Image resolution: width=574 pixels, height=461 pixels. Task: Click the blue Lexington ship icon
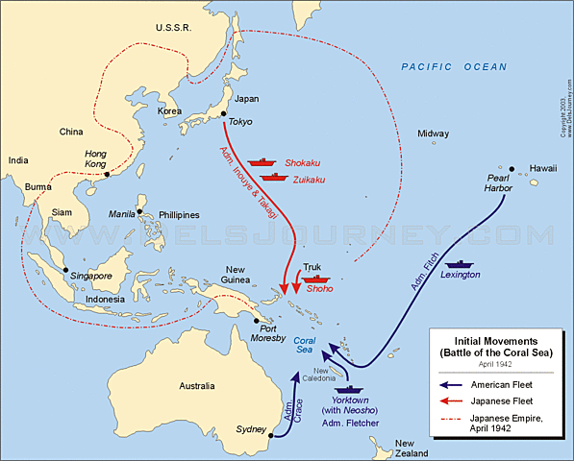pos(460,262)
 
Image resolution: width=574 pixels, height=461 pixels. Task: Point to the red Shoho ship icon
pos(314,279)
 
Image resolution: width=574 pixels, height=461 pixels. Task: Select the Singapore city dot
pos(64,271)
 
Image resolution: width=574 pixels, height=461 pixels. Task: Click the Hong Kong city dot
pos(106,175)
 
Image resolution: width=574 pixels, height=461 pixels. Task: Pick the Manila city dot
pos(139,211)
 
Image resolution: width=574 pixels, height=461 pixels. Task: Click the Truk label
pos(312,266)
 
